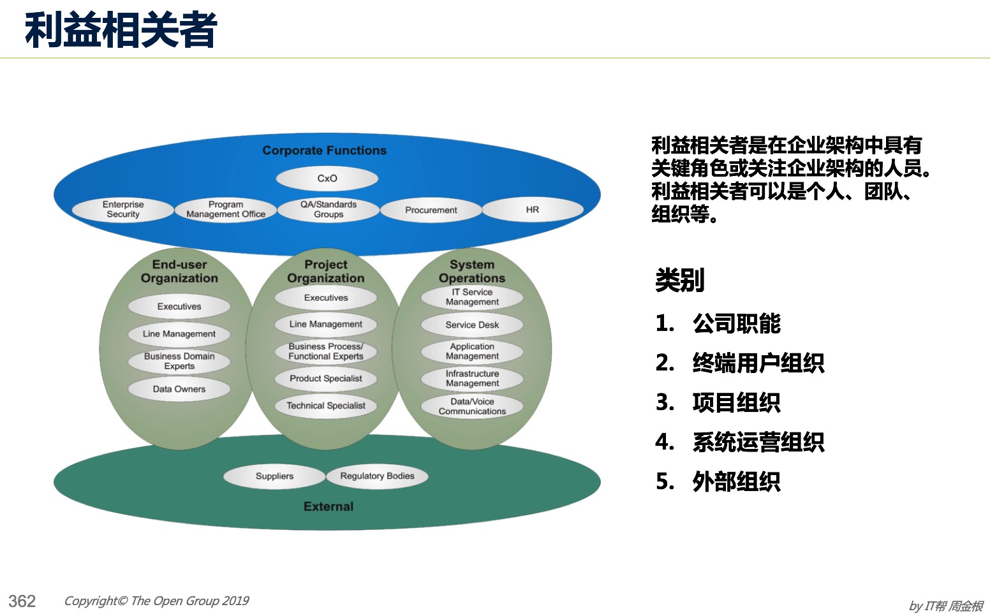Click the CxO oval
tap(327, 179)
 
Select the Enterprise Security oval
tap(123, 209)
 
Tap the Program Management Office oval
tap(226, 209)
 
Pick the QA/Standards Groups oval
tap(329, 209)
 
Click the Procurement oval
tap(431, 210)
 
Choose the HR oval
tap(533, 209)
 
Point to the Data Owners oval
tap(179, 390)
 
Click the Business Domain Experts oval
tap(179, 362)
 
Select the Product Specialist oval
tap(326, 379)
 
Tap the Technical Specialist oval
tap(326, 406)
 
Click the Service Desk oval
tap(472, 325)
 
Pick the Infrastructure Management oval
tap(472, 379)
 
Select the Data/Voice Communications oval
tap(472, 407)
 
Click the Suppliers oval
tap(274, 476)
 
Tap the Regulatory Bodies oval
tap(377, 476)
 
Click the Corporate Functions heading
tap(325, 150)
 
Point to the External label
tap(329, 506)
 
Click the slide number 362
tap(22, 601)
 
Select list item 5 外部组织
tap(718, 481)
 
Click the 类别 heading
tap(679, 280)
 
